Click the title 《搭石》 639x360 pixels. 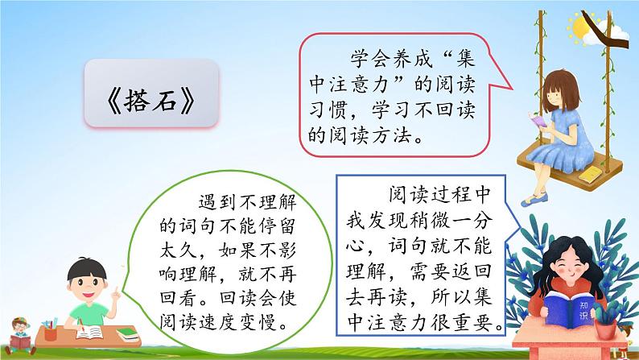pyautogui.click(x=151, y=101)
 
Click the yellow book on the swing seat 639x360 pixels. pyautogui.click(x=590, y=175)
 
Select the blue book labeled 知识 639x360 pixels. pyautogui.click(x=569, y=309)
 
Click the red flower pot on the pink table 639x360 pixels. pyautogui.click(x=605, y=329)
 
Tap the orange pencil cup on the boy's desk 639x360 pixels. pyautogui.click(x=51, y=334)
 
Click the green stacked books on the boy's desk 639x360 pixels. pyautogui.click(x=127, y=334)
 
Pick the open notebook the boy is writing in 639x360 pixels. pyautogui.click(x=89, y=333)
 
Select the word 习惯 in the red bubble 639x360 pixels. pyautogui.click(x=329, y=110)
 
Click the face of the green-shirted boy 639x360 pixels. pyautogui.click(x=86, y=282)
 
